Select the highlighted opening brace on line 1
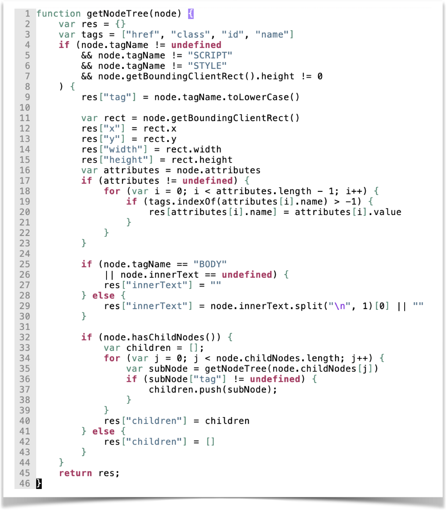191,14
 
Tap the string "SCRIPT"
210,55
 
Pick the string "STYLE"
207,66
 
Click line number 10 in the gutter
25,108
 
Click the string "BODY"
210,264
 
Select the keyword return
75,473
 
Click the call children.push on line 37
185,389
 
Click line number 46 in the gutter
25,483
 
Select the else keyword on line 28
103,295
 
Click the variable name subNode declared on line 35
168,369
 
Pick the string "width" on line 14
123,149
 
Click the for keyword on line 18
112,191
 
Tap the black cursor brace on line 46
39,483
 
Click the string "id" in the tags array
233,35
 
